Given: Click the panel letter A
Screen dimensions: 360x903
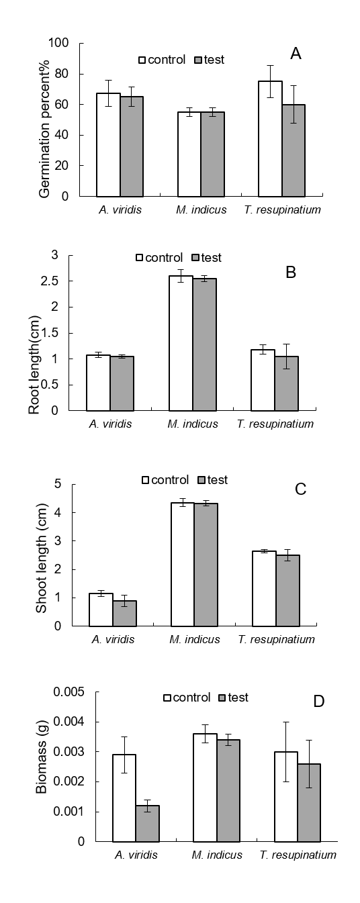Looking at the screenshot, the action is pos(296,54).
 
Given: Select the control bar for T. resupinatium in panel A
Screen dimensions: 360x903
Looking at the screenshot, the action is pos(270,139).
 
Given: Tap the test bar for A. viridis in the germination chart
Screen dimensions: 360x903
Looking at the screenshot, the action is pos(132,146).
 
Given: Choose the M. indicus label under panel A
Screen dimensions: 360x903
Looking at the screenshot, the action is pos(201,209).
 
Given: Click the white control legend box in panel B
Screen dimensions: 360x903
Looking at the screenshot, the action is pos(140,258).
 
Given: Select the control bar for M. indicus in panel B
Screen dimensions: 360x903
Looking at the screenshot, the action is pos(181,343).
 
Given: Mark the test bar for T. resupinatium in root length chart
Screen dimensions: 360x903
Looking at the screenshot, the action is pos(286,383).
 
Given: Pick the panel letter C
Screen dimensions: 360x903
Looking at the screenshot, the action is pos(301,489).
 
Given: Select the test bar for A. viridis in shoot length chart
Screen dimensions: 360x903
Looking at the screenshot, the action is pos(124,613).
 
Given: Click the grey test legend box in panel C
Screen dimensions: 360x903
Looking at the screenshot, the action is pos(202,480).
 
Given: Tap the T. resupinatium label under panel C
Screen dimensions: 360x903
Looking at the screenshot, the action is pos(276,639).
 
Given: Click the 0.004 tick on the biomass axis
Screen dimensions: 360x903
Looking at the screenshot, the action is pos(69,721).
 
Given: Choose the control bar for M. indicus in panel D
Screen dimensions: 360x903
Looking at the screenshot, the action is pos(205,788).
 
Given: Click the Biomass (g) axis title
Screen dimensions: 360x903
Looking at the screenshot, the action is pos(42,762).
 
